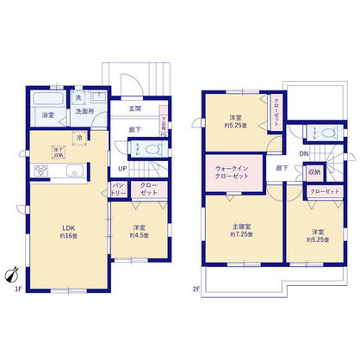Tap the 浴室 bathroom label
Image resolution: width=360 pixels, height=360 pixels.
pos(47,113)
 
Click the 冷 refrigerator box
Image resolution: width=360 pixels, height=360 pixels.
pos(78,138)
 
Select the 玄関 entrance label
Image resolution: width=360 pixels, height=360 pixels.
pos(135,109)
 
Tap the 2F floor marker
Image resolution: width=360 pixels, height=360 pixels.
pos(196,289)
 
